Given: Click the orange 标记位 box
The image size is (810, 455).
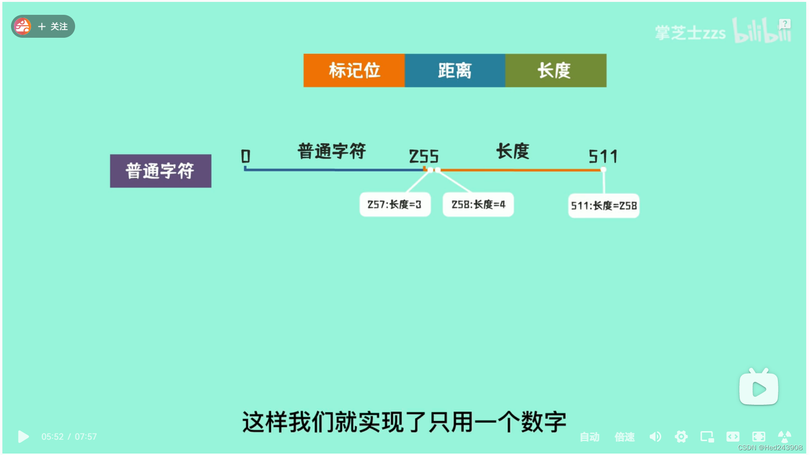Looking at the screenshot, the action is tap(354, 71).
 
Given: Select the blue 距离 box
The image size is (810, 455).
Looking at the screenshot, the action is tap(455, 71).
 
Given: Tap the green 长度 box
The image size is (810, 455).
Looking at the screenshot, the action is tap(555, 71).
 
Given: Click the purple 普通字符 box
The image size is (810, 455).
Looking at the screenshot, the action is tap(160, 171).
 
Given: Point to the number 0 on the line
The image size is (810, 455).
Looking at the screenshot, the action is tap(245, 156).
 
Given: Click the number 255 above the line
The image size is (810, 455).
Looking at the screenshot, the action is tap(423, 156).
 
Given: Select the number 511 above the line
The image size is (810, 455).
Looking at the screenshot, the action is tap(603, 156).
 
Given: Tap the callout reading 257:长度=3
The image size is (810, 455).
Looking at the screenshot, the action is tap(395, 205).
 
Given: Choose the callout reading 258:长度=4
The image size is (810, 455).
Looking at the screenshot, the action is tap(478, 205).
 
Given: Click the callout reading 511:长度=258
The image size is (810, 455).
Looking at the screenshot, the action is tap(603, 206).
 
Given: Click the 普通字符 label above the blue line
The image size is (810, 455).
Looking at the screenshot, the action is tap(332, 151).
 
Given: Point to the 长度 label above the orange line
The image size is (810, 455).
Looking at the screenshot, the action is tap(512, 151).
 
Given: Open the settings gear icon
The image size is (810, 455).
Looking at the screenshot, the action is tap(681, 436).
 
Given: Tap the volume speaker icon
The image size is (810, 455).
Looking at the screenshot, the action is tap(655, 436).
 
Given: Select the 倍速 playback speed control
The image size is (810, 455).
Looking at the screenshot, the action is tap(624, 437).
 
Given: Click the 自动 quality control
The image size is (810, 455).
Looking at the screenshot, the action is tap(589, 437).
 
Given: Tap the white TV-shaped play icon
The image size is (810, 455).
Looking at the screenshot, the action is tap(758, 388).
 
